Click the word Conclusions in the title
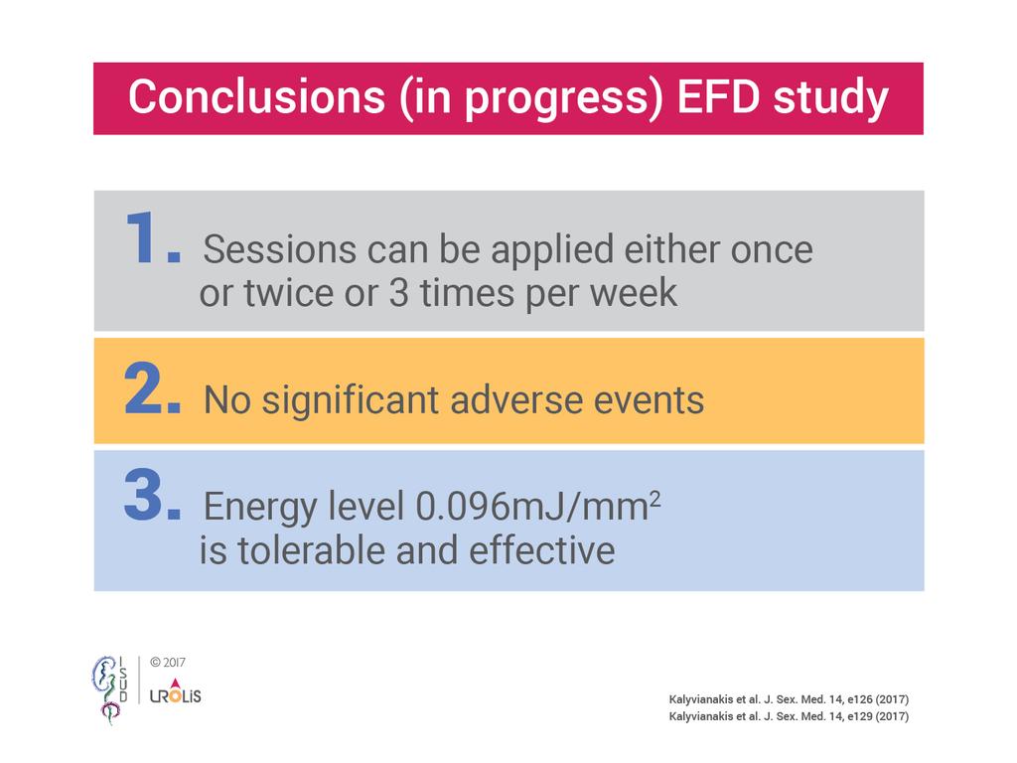257,97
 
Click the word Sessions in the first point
280,249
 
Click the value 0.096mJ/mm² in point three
537,507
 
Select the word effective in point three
541,550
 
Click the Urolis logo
175,691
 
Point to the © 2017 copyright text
167,663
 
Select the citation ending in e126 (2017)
789,699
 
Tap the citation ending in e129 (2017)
789,716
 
